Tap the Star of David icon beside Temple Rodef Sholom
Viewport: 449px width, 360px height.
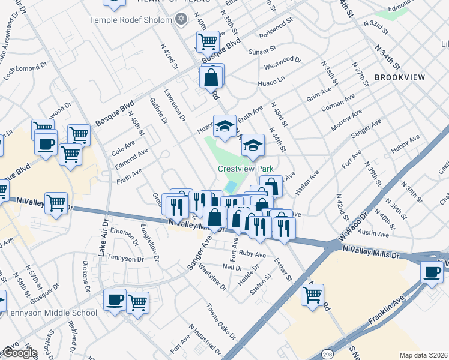coord(182,20)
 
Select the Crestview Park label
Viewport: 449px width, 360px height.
coord(242,170)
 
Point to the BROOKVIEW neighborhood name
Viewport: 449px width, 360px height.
coord(399,77)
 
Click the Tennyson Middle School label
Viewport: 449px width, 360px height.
coord(51,313)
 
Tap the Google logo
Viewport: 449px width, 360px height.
coord(19,353)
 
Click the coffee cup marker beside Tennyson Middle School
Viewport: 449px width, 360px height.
coord(115,299)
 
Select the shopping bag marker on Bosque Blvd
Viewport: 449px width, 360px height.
coord(211,77)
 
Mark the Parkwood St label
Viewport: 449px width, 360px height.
coord(276,28)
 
